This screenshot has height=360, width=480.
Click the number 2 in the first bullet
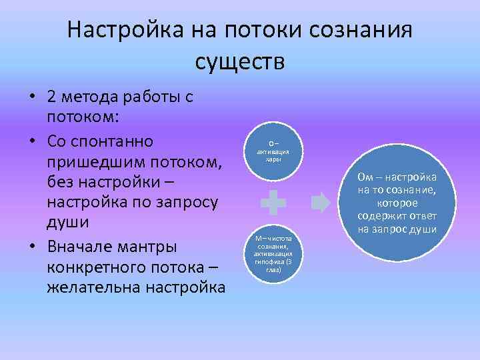click(x=51, y=97)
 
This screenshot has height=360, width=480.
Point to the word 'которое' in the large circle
click(x=397, y=203)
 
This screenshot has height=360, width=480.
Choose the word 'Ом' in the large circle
click(x=365, y=177)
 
